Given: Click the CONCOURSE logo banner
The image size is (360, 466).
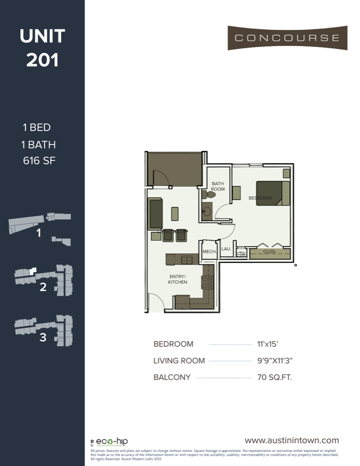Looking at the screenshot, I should (287, 38).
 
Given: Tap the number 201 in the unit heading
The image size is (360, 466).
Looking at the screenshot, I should (42, 60).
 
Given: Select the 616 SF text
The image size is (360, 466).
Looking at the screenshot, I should (39, 161).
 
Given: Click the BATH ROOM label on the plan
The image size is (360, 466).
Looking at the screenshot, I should (218, 186).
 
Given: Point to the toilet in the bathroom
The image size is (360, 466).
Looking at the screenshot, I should (205, 195).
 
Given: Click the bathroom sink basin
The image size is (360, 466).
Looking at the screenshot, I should (207, 211).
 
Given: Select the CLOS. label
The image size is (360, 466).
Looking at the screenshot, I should (269, 252).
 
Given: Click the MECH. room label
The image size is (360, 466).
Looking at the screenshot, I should (209, 252).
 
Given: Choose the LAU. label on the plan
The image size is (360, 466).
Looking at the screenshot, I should (226, 249).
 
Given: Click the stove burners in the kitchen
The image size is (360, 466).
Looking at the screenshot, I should (207, 282).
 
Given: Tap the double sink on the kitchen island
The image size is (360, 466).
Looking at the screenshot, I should (186, 259).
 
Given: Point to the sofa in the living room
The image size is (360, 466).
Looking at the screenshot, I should (155, 213).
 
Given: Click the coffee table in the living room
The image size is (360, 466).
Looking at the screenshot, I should (175, 213).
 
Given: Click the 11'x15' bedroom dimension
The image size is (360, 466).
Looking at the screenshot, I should (268, 344).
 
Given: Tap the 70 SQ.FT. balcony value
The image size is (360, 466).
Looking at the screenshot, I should (274, 377).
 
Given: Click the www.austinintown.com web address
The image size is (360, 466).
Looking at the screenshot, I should (292, 441).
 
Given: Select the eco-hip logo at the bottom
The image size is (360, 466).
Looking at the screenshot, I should (109, 442).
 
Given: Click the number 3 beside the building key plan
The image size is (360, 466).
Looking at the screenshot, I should (43, 338).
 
